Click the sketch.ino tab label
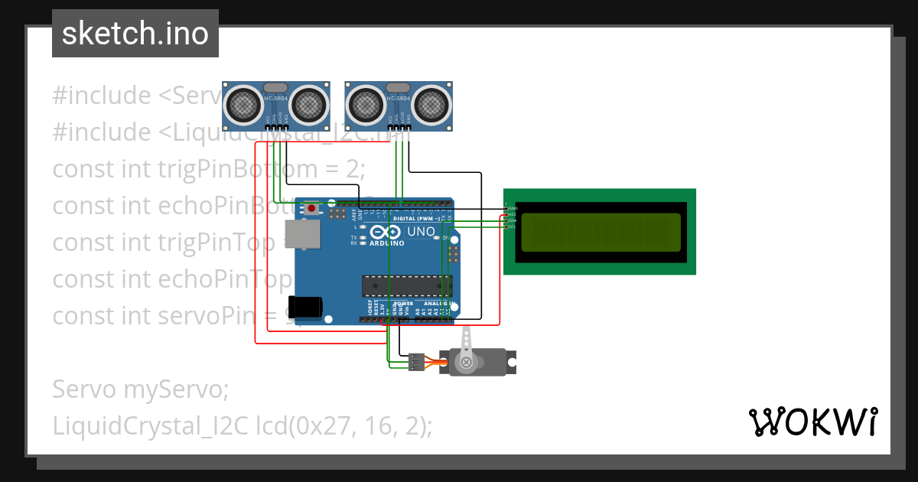click(x=135, y=34)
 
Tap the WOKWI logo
click(x=812, y=422)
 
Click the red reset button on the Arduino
click(x=311, y=207)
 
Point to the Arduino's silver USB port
click(x=302, y=235)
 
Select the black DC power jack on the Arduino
click(x=309, y=305)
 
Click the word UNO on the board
click(x=421, y=231)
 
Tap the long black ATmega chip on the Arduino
click(x=406, y=285)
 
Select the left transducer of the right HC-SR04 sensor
click(x=366, y=103)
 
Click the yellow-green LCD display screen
click(x=600, y=233)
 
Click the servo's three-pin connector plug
click(x=417, y=362)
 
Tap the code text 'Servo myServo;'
click(x=141, y=389)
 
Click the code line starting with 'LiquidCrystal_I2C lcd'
click(x=242, y=426)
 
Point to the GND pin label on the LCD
click(x=513, y=209)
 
